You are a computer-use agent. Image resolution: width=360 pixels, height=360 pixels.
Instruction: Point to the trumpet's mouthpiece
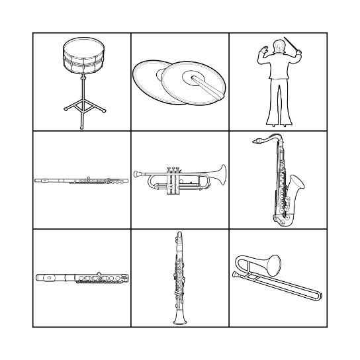coord(136,175)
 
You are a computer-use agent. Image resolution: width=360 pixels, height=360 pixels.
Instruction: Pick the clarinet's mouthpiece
coord(179,235)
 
